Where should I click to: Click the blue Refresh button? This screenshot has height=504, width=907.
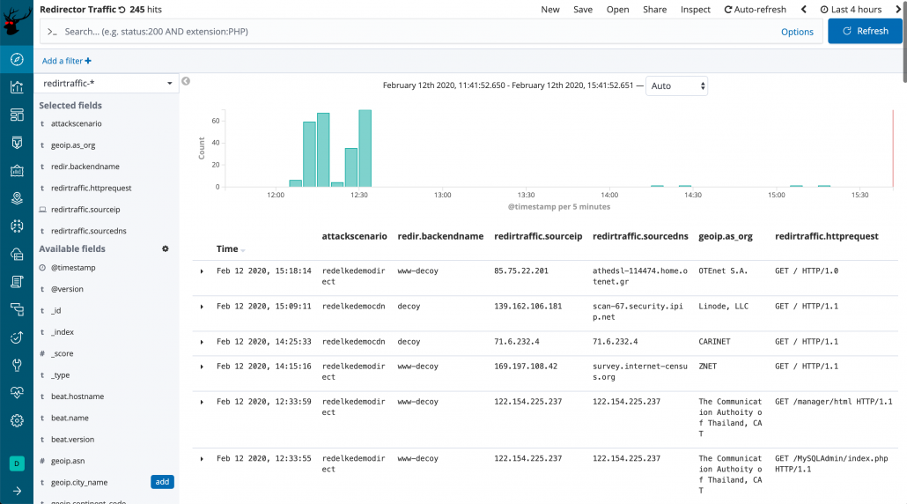pyautogui.click(x=865, y=31)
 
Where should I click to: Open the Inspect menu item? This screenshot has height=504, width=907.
pyautogui.click(x=696, y=9)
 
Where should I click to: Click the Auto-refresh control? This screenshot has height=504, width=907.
pyautogui.click(x=755, y=9)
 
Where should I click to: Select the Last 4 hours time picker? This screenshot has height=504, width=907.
pyautogui.click(x=851, y=9)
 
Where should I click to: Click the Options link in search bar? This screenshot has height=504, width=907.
pyautogui.click(x=797, y=32)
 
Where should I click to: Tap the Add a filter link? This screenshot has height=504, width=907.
pyautogui.click(x=67, y=61)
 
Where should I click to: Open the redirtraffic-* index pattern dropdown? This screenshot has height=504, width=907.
pyautogui.click(x=107, y=83)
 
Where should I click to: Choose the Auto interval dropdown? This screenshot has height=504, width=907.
pyautogui.click(x=677, y=85)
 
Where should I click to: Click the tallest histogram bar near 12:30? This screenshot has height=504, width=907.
pyautogui.click(x=365, y=148)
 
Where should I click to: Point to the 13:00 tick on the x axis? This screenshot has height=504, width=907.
pyautogui.click(x=442, y=195)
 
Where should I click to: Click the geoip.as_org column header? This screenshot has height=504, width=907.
pyautogui.click(x=726, y=236)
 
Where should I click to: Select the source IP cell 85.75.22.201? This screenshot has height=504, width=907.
pyautogui.click(x=521, y=271)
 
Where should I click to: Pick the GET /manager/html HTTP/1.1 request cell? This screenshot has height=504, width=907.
pyautogui.click(x=833, y=401)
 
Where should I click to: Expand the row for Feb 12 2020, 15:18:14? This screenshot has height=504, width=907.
pyautogui.click(x=202, y=271)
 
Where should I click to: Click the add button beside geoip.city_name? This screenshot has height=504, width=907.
pyautogui.click(x=162, y=482)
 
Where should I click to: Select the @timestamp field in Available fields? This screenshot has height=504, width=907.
pyautogui.click(x=73, y=267)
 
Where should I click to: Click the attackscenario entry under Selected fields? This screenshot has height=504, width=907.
pyautogui.click(x=77, y=123)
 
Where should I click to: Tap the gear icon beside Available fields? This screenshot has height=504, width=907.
pyautogui.click(x=165, y=249)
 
